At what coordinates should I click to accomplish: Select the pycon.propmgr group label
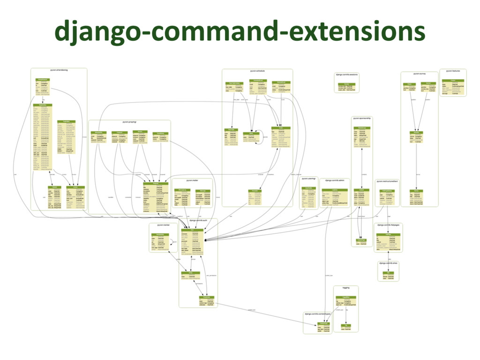point(129,122)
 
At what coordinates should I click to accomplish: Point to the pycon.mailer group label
point(192,180)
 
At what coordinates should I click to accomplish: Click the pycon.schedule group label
point(257,71)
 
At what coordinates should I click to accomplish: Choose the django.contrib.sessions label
point(347,74)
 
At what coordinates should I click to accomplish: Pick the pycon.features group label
point(453,71)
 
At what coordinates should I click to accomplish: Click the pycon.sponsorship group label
point(362,119)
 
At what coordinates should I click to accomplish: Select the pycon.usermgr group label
point(309,179)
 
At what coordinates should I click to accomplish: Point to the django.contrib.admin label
point(335,180)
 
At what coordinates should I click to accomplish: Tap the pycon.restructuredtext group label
point(387,181)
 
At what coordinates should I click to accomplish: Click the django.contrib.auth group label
point(198,219)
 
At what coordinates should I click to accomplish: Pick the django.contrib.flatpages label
point(388,225)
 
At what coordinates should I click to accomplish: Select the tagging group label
point(346,287)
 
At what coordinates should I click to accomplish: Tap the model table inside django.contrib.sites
point(388,275)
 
